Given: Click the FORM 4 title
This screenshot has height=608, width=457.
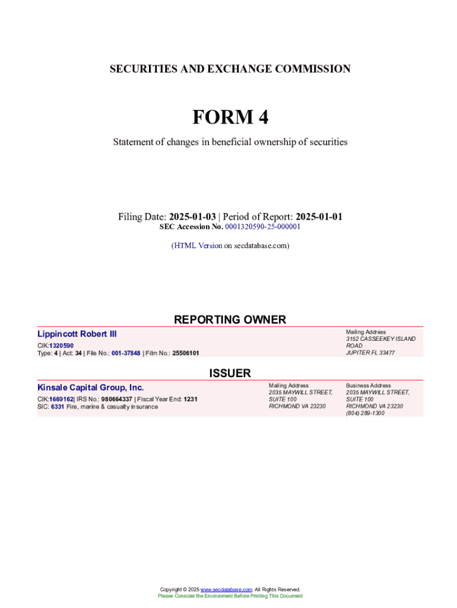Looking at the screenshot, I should click(x=230, y=118).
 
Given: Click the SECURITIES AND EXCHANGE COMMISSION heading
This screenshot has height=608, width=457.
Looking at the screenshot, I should click(x=230, y=69).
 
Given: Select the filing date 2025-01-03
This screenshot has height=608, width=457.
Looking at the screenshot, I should click(x=192, y=217).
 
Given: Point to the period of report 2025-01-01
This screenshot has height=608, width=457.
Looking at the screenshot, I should click(x=319, y=217).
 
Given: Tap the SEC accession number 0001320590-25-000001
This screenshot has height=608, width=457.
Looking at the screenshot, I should click(x=262, y=227).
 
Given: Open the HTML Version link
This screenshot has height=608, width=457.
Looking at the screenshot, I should click(x=197, y=245).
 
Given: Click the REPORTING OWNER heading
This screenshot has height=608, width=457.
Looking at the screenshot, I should click(x=230, y=319).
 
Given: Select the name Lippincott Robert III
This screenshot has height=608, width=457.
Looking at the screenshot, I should click(x=77, y=334).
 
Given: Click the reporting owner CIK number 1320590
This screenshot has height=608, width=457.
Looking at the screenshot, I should click(x=61, y=346).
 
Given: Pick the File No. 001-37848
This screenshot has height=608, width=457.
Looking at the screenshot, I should click(x=122, y=353).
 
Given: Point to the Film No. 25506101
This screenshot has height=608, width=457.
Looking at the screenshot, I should click(x=186, y=353).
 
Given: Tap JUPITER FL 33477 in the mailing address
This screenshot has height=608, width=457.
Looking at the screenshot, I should click(x=370, y=353).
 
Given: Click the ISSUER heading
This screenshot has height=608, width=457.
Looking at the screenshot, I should click(x=230, y=373).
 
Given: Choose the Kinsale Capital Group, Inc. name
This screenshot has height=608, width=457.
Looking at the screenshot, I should click(x=90, y=388).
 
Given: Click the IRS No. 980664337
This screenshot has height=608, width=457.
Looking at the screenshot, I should click(x=116, y=399).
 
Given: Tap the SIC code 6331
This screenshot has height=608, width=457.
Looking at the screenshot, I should click(x=58, y=407).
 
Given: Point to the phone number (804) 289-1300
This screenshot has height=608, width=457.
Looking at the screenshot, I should click(x=365, y=413).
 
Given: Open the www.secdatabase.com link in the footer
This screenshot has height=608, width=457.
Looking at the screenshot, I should click(x=226, y=590).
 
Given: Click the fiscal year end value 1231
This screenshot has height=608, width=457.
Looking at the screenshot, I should click(x=191, y=399).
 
